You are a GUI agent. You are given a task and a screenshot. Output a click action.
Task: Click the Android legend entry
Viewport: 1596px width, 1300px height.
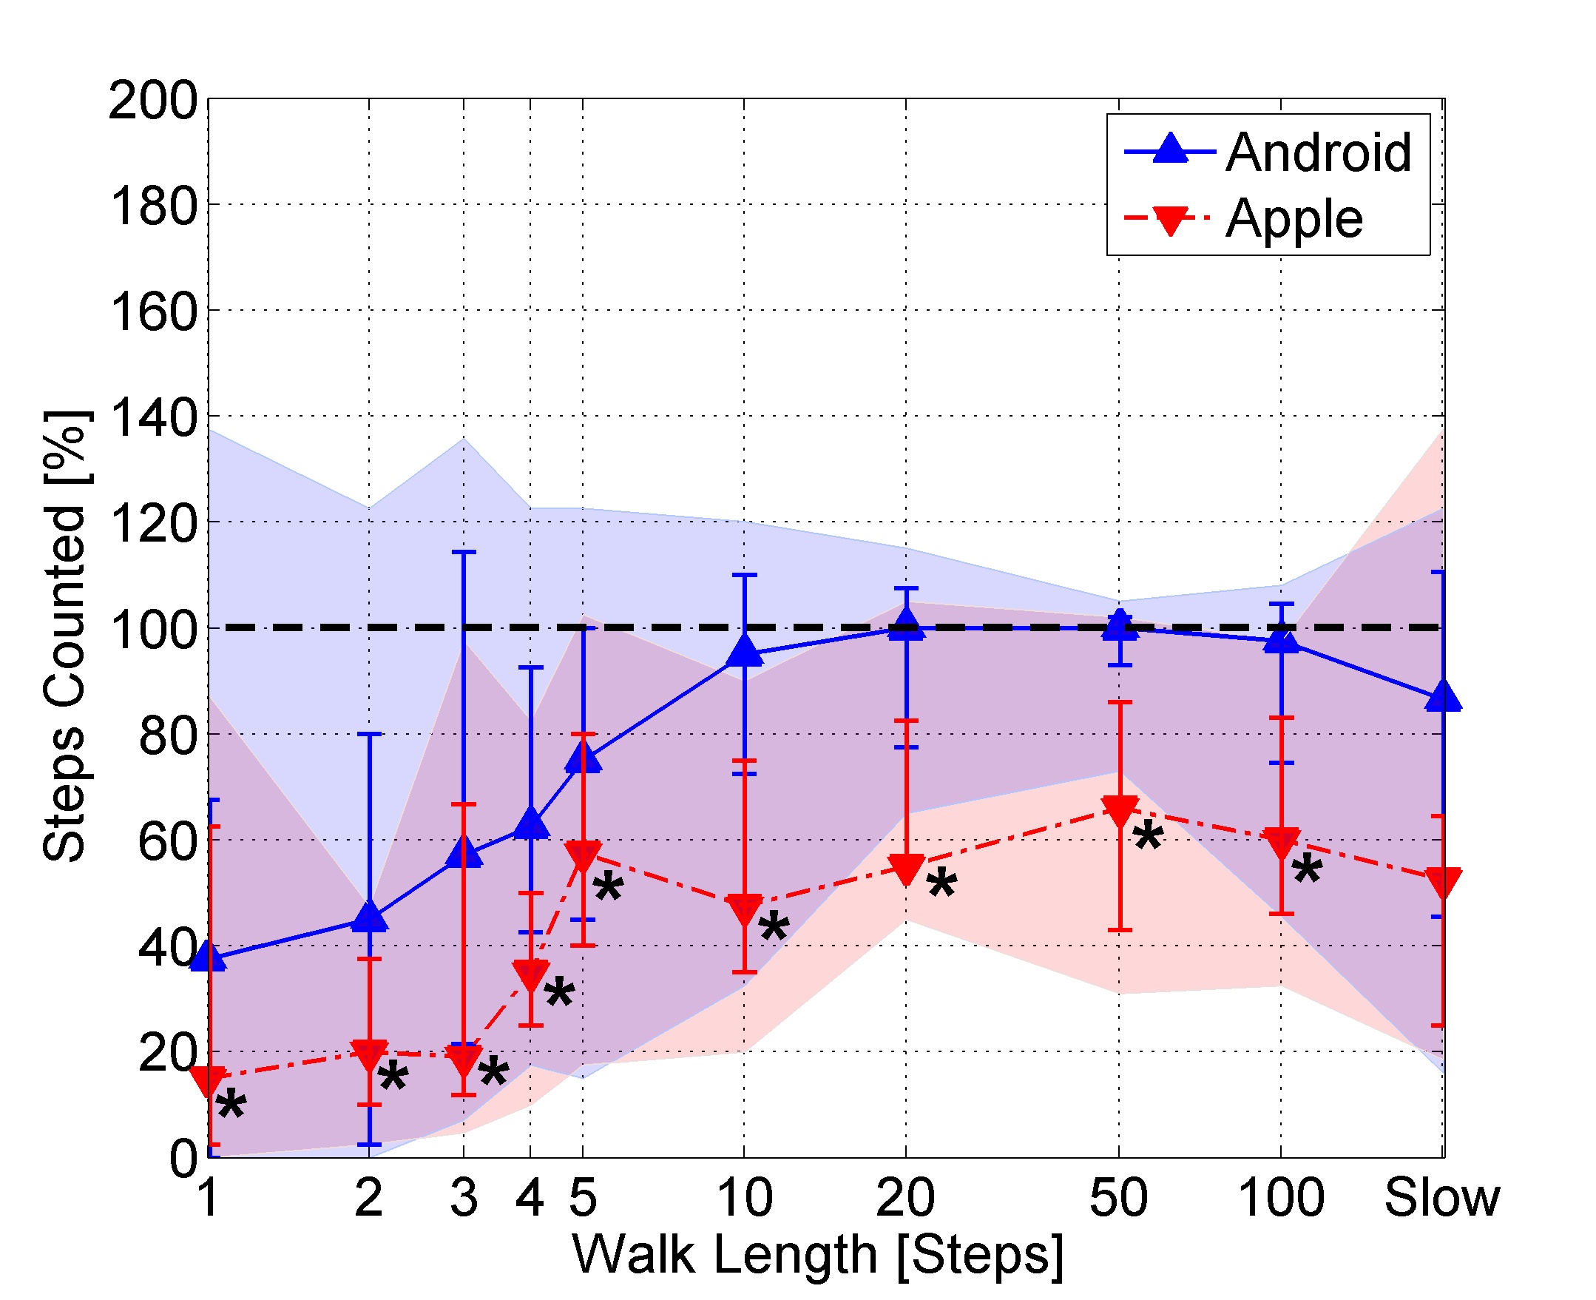click(x=1317, y=152)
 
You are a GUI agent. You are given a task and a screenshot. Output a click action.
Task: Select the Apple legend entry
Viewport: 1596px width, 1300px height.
click(x=1294, y=219)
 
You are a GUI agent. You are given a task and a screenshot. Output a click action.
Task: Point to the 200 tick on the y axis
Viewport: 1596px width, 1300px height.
click(x=154, y=101)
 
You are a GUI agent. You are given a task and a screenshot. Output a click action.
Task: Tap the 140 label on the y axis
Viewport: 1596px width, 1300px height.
click(x=154, y=418)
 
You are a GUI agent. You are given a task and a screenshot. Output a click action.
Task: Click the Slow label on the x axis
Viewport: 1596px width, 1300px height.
click(x=1441, y=1198)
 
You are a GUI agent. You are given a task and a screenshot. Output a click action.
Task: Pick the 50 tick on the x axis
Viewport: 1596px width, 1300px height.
click(x=1117, y=1198)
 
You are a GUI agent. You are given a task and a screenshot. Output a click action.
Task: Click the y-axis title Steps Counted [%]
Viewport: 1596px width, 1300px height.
click(x=66, y=636)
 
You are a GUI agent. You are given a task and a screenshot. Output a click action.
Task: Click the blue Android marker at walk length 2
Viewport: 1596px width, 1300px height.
click(x=369, y=917)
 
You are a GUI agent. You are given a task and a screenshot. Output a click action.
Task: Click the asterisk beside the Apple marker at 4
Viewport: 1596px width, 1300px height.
click(x=559, y=994)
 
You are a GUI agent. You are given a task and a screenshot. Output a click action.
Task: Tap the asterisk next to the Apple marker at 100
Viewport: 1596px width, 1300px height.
click(x=1307, y=869)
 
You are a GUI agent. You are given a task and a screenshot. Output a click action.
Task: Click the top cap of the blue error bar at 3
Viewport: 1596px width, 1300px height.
click(x=464, y=553)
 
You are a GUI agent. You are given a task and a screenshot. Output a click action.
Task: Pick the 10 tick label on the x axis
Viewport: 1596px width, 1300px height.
click(x=744, y=1198)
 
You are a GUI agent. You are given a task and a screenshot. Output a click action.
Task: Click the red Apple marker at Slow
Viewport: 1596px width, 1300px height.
click(x=1442, y=883)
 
